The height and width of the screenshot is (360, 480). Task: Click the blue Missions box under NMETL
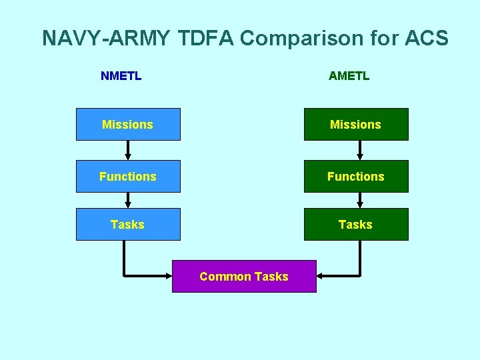[x=128, y=125]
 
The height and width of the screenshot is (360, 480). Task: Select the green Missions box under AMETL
[x=356, y=125]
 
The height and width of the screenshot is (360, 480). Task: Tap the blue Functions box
[x=128, y=177]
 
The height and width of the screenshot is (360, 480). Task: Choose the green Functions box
[x=356, y=177]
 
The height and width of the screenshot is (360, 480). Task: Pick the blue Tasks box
[x=128, y=225]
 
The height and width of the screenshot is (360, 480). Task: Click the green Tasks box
[x=356, y=225]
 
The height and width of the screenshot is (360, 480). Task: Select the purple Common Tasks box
[x=244, y=277]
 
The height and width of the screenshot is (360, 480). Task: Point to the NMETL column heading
[x=121, y=76]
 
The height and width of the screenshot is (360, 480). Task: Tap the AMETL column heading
[x=349, y=76]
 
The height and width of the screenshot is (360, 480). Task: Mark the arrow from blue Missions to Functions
[x=128, y=151]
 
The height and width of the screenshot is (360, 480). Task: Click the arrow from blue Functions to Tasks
[x=128, y=201]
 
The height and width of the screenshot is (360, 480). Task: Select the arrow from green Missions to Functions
[x=360, y=151]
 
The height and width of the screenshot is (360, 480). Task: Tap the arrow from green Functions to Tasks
[x=360, y=201]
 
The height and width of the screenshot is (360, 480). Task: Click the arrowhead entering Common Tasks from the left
[x=167, y=275]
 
